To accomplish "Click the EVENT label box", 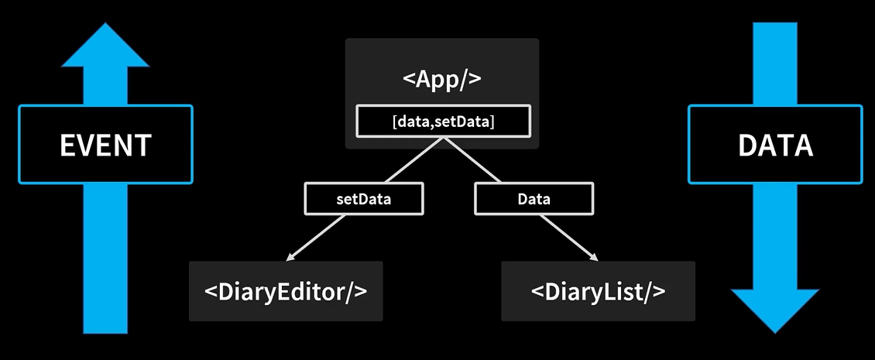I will [x=105, y=145].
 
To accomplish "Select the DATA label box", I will [x=774, y=145].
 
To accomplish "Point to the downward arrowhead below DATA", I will [x=775, y=310].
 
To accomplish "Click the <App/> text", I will [x=442, y=81].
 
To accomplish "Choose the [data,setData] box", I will [x=443, y=121].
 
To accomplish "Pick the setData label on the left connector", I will [x=364, y=199].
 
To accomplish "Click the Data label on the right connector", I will [x=534, y=199].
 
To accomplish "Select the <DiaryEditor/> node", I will [x=286, y=291].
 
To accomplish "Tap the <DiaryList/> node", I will [x=598, y=291].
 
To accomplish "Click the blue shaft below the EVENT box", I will [x=106, y=255].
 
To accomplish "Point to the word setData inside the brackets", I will [x=462, y=121].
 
